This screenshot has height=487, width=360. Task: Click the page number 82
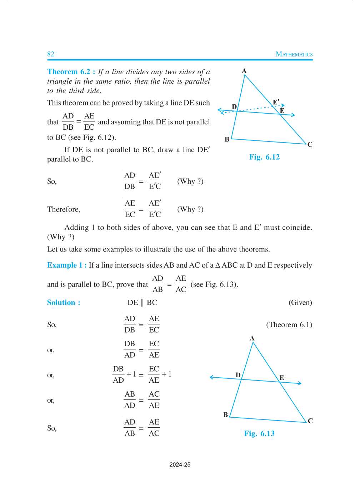(x=51, y=54)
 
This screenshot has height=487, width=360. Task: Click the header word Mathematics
(x=294, y=54)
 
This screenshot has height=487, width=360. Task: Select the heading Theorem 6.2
(x=71, y=72)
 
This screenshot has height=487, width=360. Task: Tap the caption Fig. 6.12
(x=264, y=157)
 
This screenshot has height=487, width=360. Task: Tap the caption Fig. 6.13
(x=259, y=433)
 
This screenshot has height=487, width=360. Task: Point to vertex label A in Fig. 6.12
(x=244, y=71)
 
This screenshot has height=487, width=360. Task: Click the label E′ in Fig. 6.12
(x=276, y=102)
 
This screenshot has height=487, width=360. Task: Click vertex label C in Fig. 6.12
(x=310, y=144)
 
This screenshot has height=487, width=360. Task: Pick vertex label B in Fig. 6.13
(x=226, y=415)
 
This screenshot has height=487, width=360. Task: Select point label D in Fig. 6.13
(x=238, y=375)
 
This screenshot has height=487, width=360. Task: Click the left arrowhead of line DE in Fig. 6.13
(x=211, y=377)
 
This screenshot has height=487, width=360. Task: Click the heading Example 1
(x=67, y=265)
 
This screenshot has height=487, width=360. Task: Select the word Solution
(x=61, y=303)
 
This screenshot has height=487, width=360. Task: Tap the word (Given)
(x=300, y=303)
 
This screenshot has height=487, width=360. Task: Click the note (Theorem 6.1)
(x=289, y=325)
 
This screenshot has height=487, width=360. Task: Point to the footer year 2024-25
(x=180, y=464)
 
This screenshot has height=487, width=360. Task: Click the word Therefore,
(x=64, y=209)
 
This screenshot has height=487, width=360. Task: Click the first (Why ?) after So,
(x=190, y=182)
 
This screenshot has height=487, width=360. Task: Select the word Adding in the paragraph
(x=76, y=228)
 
